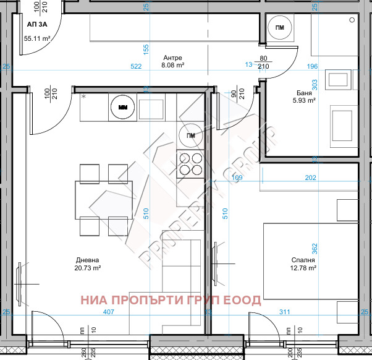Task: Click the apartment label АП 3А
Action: pyautogui.click(x=36, y=25)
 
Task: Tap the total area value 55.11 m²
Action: pyautogui.click(x=37, y=38)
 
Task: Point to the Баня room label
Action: pyautogui.click(x=303, y=92)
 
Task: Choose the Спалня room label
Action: pyautogui.click(x=303, y=260)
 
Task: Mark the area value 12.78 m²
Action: pyautogui.click(x=303, y=268)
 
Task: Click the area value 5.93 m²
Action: pyautogui.click(x=303, y=100)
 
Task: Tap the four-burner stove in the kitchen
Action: pyautogui.click(x=190, y=164)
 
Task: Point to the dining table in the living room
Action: pyautogui.click(x=104, y=199)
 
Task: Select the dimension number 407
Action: pyautogui.click(x=109, y=312)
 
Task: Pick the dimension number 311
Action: pyautogui.click(x=284, y=312)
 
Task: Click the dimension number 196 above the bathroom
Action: pyautogui.click(x=313, y=66)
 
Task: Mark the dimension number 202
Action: pyautogui.click(x=310, y=178)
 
